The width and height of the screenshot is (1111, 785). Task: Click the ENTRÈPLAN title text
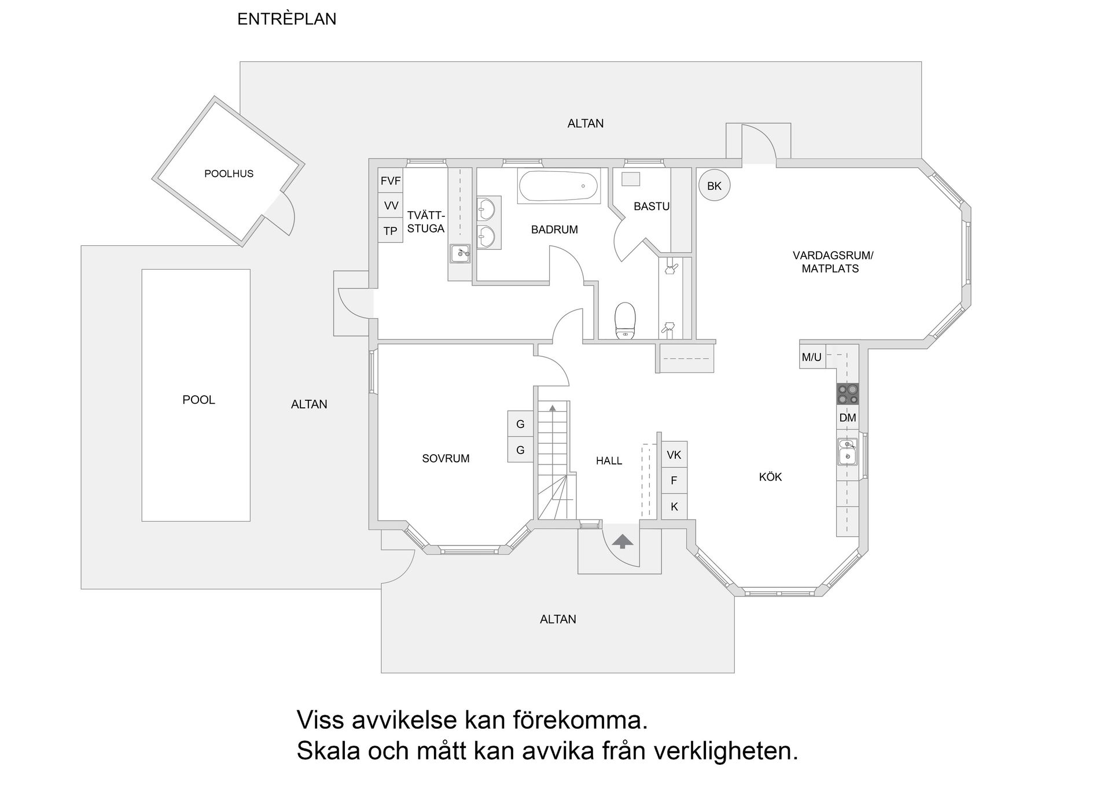pyautogui.click(x=286, y=19)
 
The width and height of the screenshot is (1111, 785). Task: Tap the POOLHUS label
pyautogui.click(x=229, y=174)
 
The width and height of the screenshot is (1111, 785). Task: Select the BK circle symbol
pyautogui.click(x=714, y=186)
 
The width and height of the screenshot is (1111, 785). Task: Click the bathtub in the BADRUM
pyautogui.click(x=558, y=186)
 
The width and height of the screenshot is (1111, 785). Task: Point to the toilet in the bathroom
pyautogui.click(x=625, y=319)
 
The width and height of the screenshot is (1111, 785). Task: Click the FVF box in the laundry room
pyautogui.click(x=391, y=181)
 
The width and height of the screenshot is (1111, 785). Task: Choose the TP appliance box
pyautogui.click(x=391, y=231)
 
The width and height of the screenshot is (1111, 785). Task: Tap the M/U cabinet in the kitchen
pyautogui.click(x=812, y=357)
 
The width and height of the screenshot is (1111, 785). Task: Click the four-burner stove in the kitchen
pyautogui.click(x=847, y=394)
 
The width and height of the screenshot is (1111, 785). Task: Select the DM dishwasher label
pyautogui.click(x=847, y=418)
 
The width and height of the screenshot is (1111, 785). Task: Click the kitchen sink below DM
pyautogui.click(x=847, y=452)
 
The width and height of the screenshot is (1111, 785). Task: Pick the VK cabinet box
pyautogui.click(x=674, y=455)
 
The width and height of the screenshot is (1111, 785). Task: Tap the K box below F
pyautogui.click(x=674, y=507)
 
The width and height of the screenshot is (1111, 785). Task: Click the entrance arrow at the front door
pyautogui.click(x=623, y=541)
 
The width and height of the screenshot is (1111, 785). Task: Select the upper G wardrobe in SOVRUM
pyautogui.click(x=520, y=424)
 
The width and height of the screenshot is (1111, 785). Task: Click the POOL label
pyautogui.click(x=198, y=400)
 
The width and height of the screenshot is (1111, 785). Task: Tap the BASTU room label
pyautogui.click(x=651, y=206)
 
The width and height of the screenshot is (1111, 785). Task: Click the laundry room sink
pyautogui.click(x=461, y=253)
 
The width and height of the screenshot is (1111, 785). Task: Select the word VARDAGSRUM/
pyautogui.click(x=832, y=255)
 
